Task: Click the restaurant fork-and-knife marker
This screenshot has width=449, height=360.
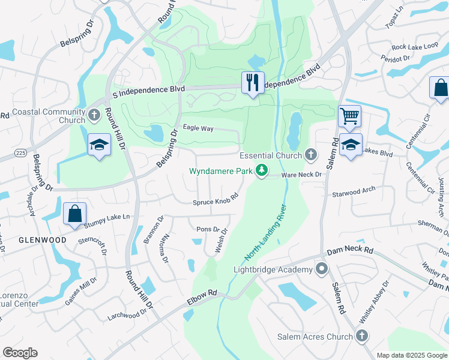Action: (x=253, y=82)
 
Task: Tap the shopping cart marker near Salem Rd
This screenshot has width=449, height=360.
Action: (x=349, y=116)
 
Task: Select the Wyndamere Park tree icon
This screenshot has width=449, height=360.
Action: (x=262, y=171)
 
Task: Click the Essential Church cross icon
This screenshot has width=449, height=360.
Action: (x=310, y=155)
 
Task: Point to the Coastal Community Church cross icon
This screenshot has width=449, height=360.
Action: (x=94, y=115)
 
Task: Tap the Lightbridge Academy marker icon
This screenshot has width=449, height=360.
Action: (x=322, y=269)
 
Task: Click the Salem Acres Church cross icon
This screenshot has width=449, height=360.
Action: (x=361, y=337)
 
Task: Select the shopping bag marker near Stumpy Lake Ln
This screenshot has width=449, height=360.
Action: (x=74, y=214)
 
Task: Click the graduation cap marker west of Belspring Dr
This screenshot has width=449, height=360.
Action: (x=100, y=144)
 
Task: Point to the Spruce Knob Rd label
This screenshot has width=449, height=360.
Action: (x=215, y=199)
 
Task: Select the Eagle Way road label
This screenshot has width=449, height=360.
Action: (x=198, y=128)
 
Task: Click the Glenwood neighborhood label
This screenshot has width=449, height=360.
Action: (x=42, y=240)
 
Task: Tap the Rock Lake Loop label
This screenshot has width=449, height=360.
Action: (x=415, y=46)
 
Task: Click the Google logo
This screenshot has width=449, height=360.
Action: (x=20, y=353)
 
